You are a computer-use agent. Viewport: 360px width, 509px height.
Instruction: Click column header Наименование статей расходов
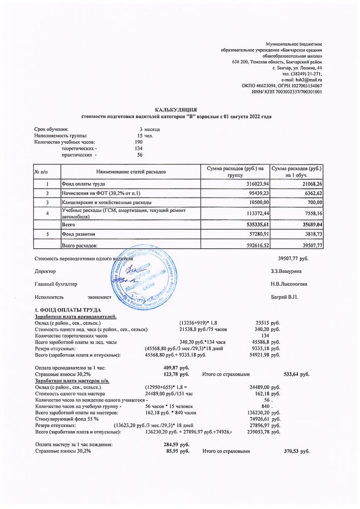131,171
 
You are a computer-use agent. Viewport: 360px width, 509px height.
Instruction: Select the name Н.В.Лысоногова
289,284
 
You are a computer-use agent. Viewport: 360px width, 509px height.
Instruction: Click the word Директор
45,271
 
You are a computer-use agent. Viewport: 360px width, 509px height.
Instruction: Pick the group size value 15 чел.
145,135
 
